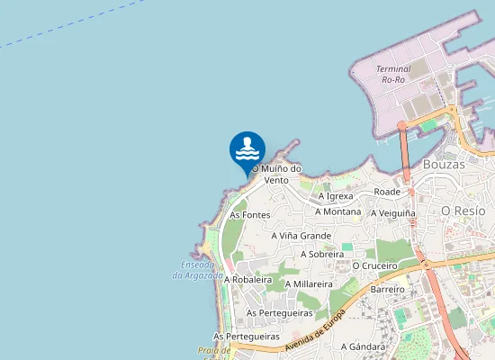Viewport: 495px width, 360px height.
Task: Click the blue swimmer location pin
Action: tap(247, 151)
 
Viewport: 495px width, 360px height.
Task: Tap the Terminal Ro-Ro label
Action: tap(393, 75)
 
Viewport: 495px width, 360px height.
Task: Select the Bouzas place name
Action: tap(444, 165)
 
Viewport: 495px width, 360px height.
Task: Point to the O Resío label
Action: tap(463, 211)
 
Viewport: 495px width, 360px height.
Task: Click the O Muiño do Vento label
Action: tap(276, 174)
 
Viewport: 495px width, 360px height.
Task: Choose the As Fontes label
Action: tap(250, 215)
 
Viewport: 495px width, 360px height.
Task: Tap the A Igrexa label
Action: tap(336, 195)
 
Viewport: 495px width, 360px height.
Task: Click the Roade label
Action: tap(387, 192)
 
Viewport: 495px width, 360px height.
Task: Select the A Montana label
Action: tap(337, 211)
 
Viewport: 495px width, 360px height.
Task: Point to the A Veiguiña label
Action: tap(394, 212)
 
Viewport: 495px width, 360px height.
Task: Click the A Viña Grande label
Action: tap(301, 236)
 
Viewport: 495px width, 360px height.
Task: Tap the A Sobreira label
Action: tap(322, 255)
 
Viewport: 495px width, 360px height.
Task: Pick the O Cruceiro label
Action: tap(374, 266)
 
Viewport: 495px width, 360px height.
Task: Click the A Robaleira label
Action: tap(248, 280)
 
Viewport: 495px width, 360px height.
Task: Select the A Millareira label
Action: tap(310, 284)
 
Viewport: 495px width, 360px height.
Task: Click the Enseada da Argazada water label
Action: tap(197, 270)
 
